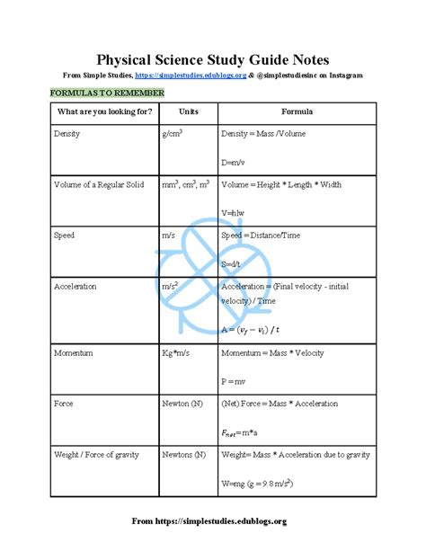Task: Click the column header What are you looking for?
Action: point(104,111)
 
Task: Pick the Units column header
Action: point(188,111)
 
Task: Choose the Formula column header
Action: point(297,111)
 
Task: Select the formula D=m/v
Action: point(234,162)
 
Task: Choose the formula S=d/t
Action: point(232,263)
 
